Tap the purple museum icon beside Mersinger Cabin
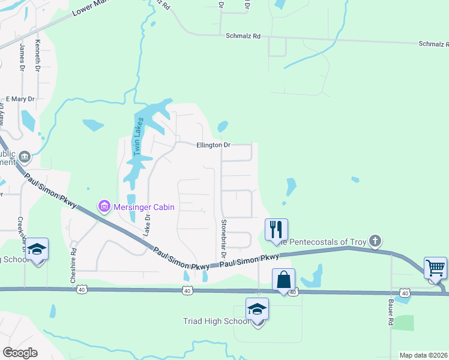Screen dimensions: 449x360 [104, 208]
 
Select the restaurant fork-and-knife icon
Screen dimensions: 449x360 [276, 229]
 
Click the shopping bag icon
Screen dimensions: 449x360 [283, 279]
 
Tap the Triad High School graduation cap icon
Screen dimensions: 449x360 [257, 309]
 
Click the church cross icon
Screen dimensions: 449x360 [375, 241]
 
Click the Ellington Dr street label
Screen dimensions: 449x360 [213, 145]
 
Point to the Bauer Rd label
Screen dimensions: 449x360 [391, 313]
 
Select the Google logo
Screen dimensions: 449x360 [20, 353]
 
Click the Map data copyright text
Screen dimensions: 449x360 [424, 355]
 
